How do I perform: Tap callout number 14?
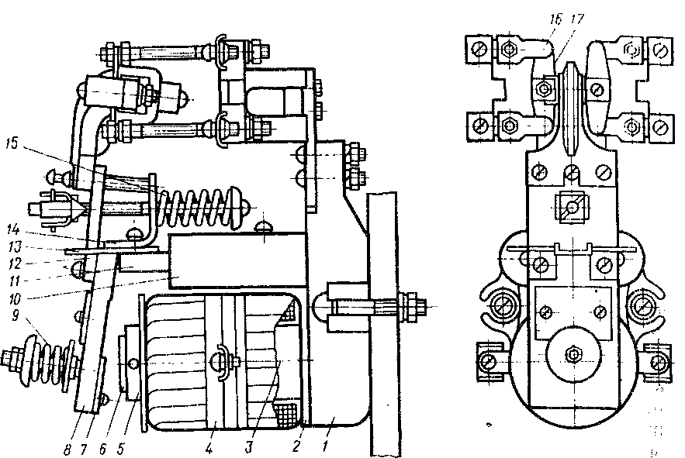(x=12, y=231)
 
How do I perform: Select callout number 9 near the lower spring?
(x=12, y=315)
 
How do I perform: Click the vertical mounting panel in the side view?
(x=385, y=325)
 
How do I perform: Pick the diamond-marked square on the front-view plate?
(x=572, y=206)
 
